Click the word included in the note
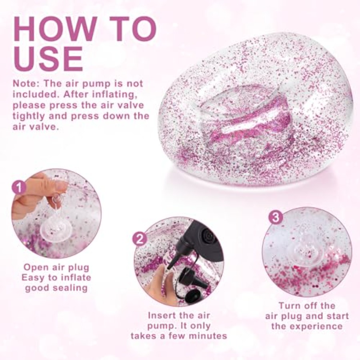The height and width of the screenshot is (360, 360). point(36,94)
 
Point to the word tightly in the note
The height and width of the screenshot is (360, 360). point(29,116)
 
